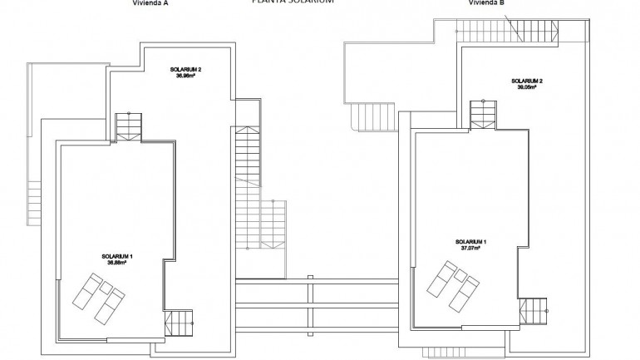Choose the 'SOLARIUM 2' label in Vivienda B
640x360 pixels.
(x=527, y=81)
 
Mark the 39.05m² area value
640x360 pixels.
(x=527, y=87)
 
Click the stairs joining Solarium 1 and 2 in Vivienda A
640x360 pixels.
(x=129, y=126)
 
